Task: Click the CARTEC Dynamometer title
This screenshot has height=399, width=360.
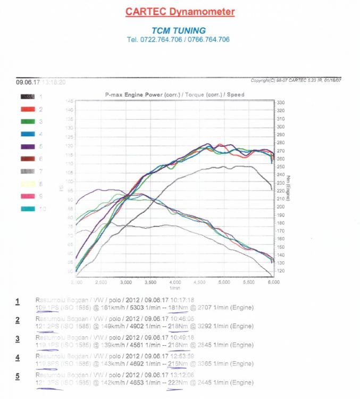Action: tap(180, 11)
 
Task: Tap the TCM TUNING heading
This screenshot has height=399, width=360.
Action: tap(178, 30)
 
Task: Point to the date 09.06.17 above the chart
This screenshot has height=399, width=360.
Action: tap(25, 82)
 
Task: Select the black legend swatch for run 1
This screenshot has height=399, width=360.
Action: tap(28, 97)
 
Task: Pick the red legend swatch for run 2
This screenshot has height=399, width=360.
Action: tap(28, 109)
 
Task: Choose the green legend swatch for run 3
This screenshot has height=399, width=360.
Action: tap(28, 122)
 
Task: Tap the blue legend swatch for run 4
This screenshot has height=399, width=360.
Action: tap(28, 134)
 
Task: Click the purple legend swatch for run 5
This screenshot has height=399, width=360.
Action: tap(28, 146)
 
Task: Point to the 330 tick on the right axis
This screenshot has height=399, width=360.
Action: tap(281, 102)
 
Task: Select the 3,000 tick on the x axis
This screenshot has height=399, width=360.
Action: tap(126, 282)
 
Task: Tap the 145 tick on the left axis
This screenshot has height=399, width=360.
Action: tap(69, 101)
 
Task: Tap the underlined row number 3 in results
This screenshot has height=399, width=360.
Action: tap(18, 338)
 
